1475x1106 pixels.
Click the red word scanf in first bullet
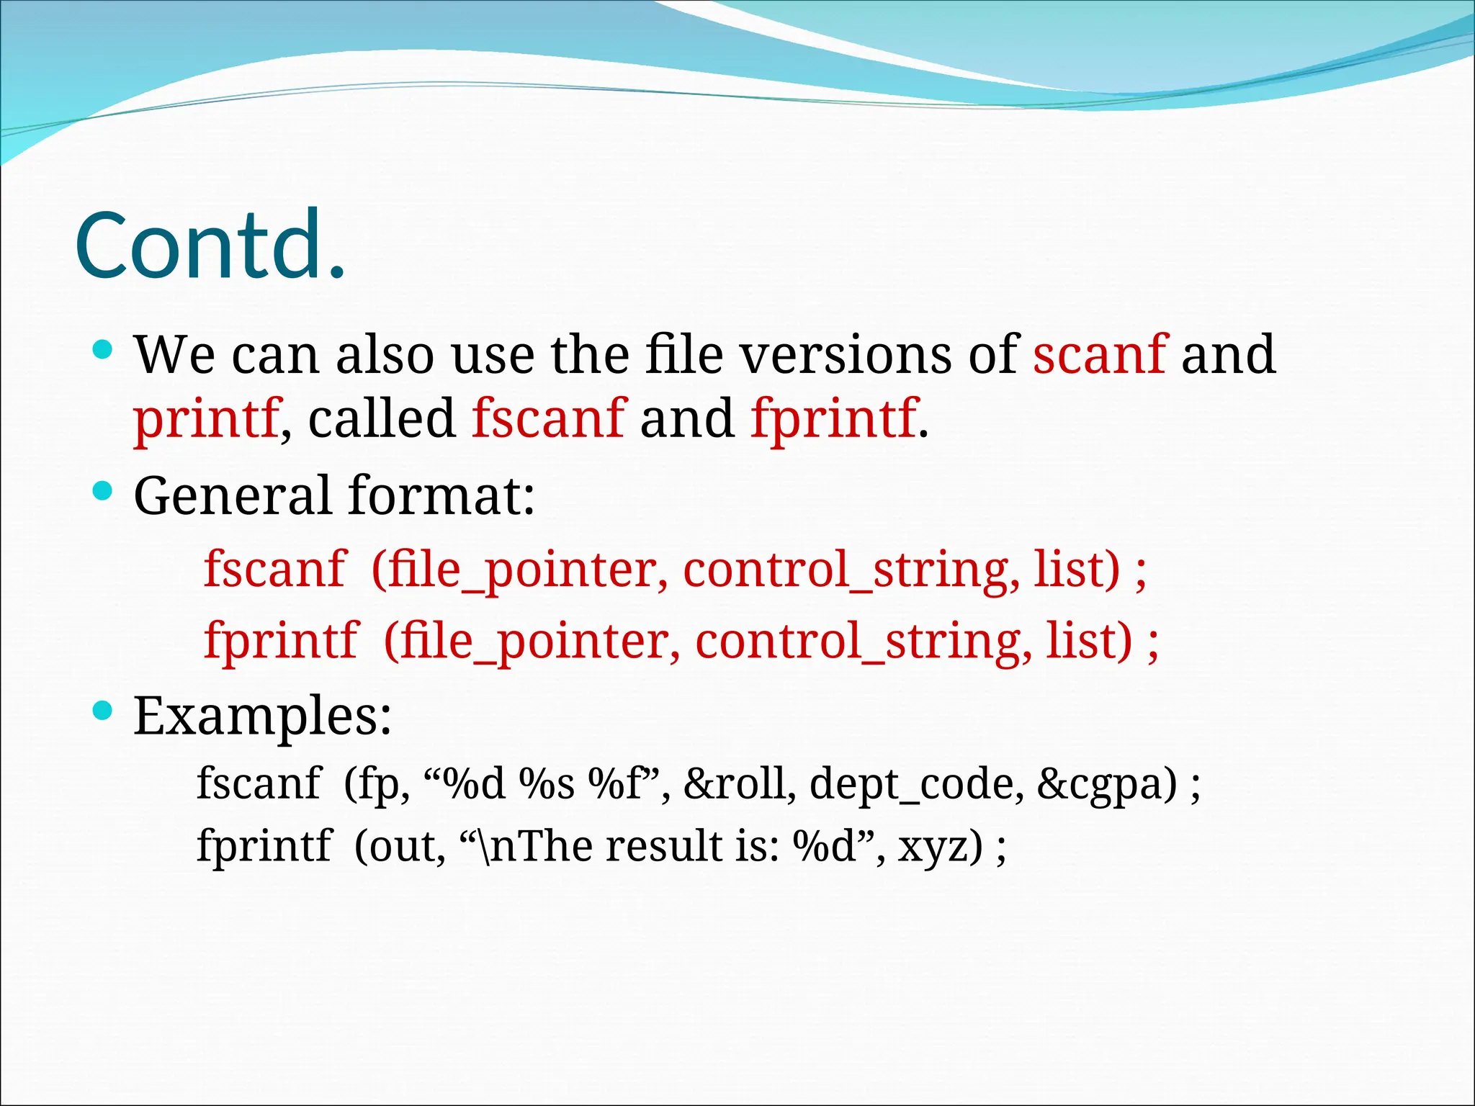tap(1099, 354)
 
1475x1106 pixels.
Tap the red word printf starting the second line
tap(206, 419)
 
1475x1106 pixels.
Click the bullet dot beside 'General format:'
tap(103, 492)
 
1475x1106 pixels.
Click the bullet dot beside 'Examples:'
tap(103, 711)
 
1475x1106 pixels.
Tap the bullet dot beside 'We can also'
tap(103, 351)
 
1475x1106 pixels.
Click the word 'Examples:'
tap(263, 716)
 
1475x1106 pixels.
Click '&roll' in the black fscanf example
tap(739, 783)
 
